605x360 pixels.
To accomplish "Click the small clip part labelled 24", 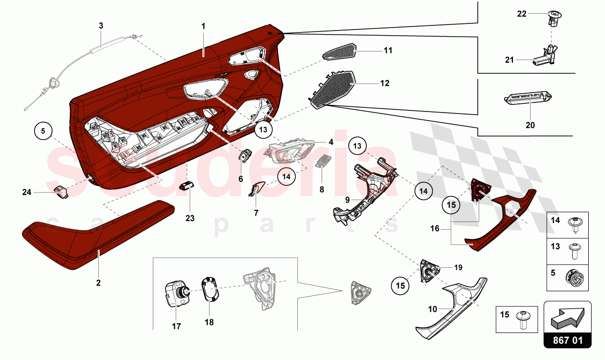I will click(62, 192).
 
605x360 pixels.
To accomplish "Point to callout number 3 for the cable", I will click(101, 25).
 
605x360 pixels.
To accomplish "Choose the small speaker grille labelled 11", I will click(340, 51).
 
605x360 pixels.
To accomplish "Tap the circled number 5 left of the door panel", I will click(43, 131).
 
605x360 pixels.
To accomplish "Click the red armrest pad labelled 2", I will click(97, 234).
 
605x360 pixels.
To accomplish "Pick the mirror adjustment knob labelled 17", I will click(176, 294).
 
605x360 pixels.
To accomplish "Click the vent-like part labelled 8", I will click(322, 162).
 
